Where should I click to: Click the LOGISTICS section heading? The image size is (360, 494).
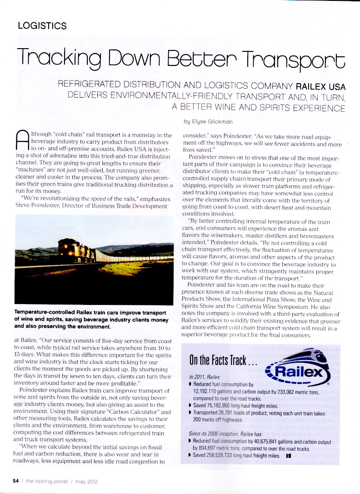pos(42,25)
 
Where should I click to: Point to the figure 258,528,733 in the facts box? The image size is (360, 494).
pos(226,455)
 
